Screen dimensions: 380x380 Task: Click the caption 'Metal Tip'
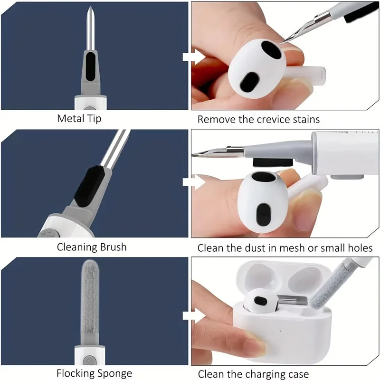point(79,118)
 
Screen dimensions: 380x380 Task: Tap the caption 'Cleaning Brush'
point(92,247)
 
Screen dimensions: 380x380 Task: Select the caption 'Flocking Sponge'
point(94,373)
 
